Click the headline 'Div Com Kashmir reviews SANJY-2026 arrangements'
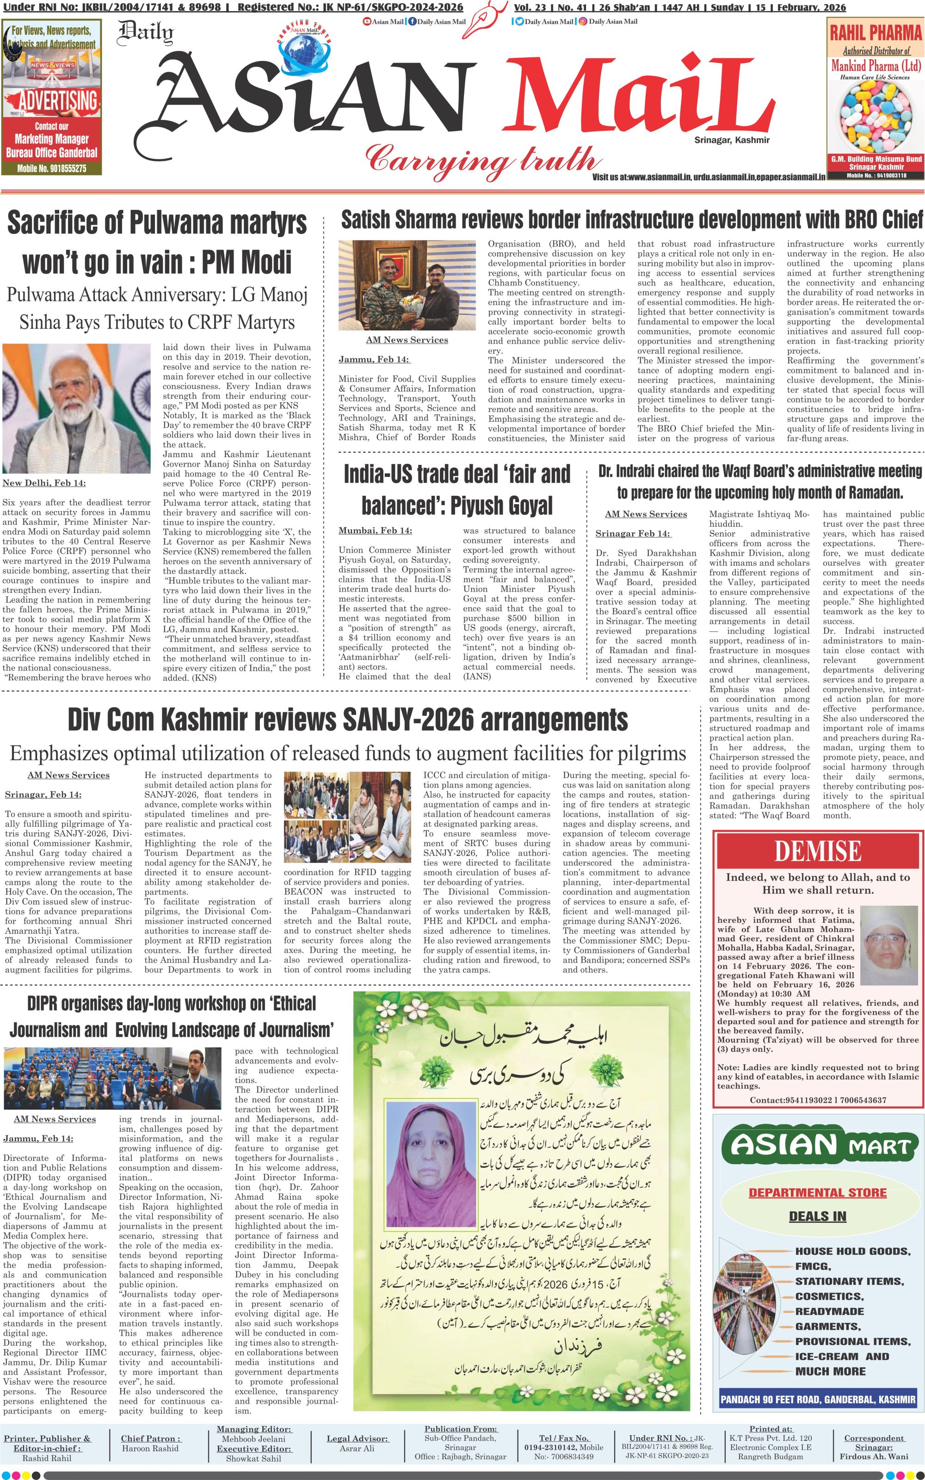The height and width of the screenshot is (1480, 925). pos(347,719)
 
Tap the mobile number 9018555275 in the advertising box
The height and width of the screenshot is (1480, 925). pos(52,168)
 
